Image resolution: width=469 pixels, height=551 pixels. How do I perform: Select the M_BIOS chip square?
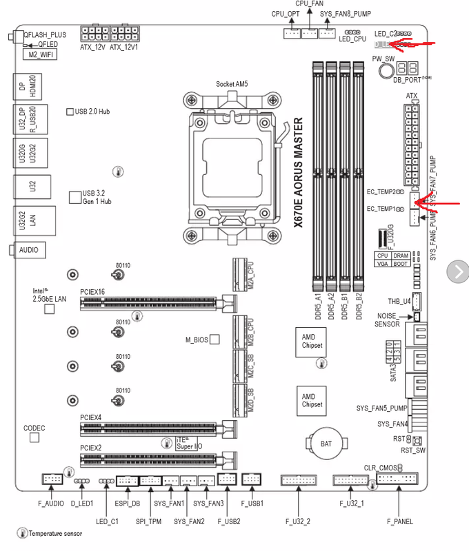click(x=214, y=340)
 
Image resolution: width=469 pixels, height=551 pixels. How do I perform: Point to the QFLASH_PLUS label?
click(x=45, y=34)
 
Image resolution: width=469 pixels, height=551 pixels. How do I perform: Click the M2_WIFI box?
click(x=41, y=53)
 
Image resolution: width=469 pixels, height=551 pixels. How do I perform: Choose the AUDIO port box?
click(x=28, y=250)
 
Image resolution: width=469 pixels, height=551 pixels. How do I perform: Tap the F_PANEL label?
click(x=400, y=521)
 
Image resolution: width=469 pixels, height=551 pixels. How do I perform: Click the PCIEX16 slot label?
click(x=92, y=292)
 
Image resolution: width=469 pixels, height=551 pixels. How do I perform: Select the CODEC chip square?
click(x=34, y=437)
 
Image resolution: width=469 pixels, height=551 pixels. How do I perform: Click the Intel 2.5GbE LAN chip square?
click(x=49, y=309)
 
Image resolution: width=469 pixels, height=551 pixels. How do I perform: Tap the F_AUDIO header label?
click(x=52, y=504)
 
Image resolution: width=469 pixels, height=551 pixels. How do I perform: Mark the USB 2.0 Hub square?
click(x=70, y=111)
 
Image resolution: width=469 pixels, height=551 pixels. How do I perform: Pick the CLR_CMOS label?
click(x=381, y=468)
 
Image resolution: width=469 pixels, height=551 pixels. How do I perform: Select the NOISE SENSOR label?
click(x=387, y=320)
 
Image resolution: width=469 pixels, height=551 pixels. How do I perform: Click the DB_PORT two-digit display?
click(x=407, y=68)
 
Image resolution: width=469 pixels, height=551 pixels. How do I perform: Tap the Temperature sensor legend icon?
click(x=22, y=534)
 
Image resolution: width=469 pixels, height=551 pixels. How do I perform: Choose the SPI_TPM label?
click(x=148, y=521)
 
